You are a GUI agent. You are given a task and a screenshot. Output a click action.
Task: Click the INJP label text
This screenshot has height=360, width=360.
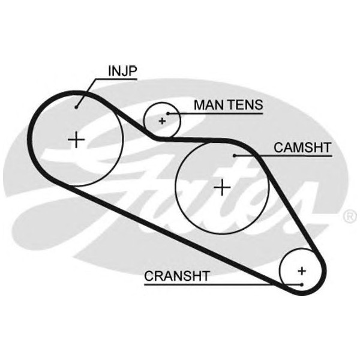[x=122, y=71]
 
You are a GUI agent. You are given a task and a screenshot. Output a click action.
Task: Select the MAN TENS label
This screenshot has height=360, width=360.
[x=227, y=105]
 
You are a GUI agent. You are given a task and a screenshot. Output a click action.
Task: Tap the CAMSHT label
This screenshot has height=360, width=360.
[x=302, y=146]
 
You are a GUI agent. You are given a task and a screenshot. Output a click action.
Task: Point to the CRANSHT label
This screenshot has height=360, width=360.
[x=176, y=275]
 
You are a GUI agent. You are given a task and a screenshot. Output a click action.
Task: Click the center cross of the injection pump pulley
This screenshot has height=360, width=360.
[x=76, y=140]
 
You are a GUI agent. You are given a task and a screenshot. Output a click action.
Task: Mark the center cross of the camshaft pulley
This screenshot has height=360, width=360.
[x=223, y=188]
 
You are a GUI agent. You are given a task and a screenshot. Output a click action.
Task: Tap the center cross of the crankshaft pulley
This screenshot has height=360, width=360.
[x=302, y=269]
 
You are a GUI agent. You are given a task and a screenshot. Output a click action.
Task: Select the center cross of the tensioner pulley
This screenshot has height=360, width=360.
[x=162, y=121]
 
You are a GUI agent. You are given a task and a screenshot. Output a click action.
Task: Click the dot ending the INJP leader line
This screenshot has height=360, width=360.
[x=77, y=107]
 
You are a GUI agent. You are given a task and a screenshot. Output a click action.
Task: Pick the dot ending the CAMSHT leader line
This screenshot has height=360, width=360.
[x=235, y=156]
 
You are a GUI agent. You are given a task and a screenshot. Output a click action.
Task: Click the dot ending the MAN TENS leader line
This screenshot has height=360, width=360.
[x=169, y=113]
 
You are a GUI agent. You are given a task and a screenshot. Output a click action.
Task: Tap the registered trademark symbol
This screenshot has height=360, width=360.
[x=350, y=214]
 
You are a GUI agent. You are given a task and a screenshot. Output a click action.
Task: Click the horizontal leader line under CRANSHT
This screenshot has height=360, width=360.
[x=216, y=284]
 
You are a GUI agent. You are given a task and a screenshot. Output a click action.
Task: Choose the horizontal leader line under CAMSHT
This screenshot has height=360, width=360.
[x=288, y=156]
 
